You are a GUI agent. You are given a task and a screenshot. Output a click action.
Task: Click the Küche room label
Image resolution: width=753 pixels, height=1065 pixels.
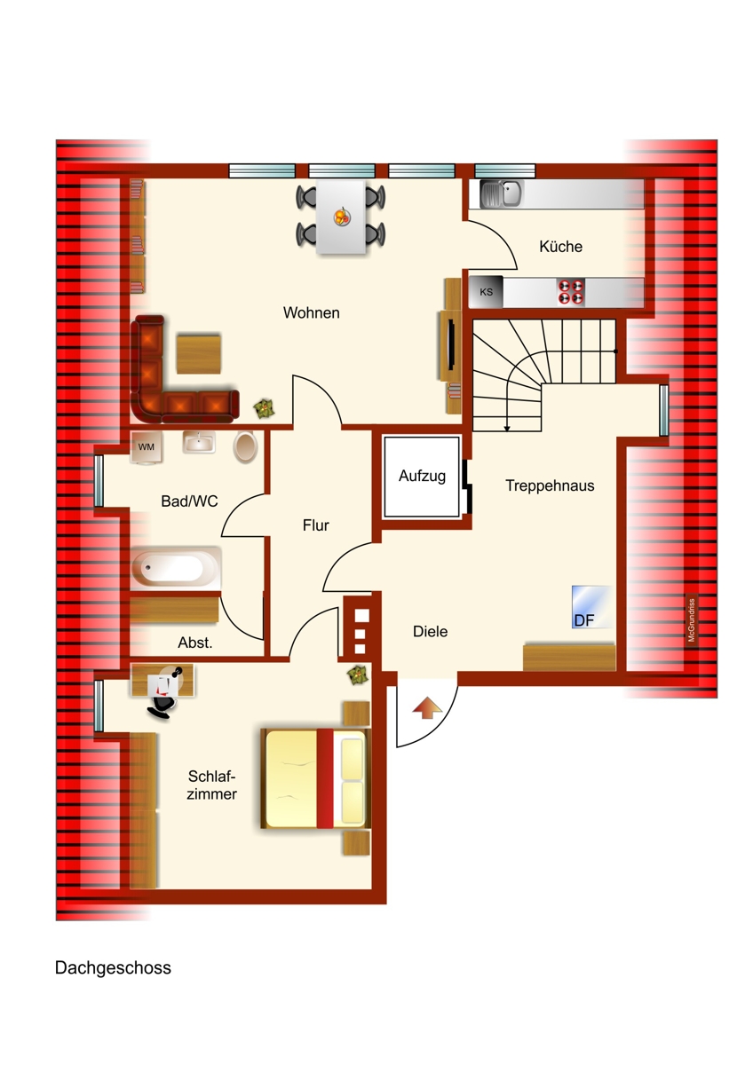coord(560,247)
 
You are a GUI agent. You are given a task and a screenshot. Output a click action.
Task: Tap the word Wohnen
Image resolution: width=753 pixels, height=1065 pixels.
coord(311,312)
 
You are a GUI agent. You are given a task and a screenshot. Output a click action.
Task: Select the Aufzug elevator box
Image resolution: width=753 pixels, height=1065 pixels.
coord(422,477)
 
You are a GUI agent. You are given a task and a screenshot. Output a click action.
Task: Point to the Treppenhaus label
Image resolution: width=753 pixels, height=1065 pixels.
coord(550,485)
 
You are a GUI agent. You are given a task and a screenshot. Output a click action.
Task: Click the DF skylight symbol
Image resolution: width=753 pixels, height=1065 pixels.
coord(591,607)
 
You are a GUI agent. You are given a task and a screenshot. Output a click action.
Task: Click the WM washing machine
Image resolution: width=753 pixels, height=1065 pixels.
coord(146,447)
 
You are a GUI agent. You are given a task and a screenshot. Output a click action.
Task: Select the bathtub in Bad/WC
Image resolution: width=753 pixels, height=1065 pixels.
coord(176,567)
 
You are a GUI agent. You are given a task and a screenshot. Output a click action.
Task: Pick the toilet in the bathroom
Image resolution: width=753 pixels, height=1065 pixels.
coord(246,446)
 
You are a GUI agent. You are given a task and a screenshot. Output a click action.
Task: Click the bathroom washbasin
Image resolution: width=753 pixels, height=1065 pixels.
coord(199,442)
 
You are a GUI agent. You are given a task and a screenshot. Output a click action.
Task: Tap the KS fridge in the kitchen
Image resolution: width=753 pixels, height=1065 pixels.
coord(487,291)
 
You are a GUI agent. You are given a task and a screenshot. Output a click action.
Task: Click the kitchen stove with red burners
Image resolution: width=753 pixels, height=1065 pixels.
coord(570,291)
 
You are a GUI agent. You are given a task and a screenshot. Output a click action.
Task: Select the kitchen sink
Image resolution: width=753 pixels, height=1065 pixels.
coord(501,193)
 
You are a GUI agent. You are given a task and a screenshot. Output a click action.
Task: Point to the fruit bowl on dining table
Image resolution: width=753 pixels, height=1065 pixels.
coord(342,215)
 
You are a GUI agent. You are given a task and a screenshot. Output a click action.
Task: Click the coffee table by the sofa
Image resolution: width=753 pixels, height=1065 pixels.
coord(199,353)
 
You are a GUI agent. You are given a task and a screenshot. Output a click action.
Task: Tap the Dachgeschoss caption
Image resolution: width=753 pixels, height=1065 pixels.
coord(113,967)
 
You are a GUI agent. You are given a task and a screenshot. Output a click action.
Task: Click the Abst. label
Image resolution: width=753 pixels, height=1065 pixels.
coord(195,643)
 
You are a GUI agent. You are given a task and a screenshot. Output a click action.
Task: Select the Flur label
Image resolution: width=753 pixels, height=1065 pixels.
coord(315,525)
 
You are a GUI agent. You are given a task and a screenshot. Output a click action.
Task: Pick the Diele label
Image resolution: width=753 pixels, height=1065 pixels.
coord(430,632)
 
